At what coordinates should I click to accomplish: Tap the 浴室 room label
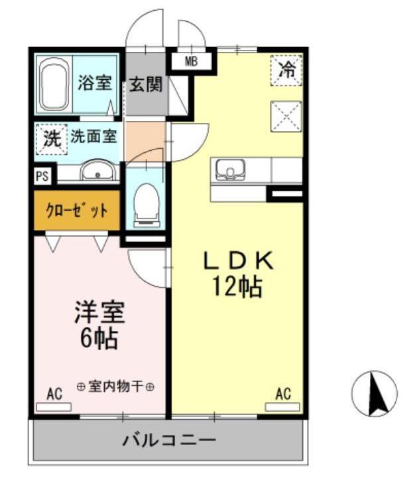tap(94, 84)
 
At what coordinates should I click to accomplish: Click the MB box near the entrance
tap(191, 62)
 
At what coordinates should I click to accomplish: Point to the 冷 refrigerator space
tap(286, 70)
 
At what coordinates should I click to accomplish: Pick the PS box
tap(42, 177)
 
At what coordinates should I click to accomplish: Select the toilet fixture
tap(145, 199)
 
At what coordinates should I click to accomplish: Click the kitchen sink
tap(229, 171)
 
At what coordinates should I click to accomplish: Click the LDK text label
tap(237, 261)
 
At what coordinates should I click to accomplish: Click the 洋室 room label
tap(99, 312)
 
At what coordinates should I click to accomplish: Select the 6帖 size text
tap(99, 339)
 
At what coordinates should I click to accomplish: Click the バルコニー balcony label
tap(169, 440)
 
